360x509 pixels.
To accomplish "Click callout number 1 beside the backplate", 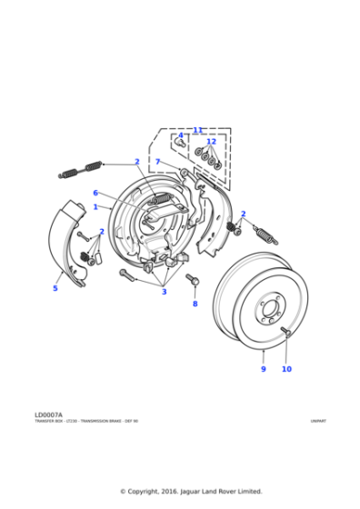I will pyautogui.click(x=95, y=207).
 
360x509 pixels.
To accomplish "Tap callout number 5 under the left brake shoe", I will pyautogui.click(x=55, y=288).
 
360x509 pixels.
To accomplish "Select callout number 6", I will pyautogui.click(x=95, y=193).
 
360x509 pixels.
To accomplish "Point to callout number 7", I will pyautogui.click(x=157, y=162).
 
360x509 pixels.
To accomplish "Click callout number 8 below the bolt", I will pyautogui.click(x=195, y=304).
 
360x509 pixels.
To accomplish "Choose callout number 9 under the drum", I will pyautogui.click(x=264, y=369).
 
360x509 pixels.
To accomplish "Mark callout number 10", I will pyautogui.click(x=286, y=369).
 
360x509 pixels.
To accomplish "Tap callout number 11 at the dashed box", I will pyautogui.click(x=197, y=130).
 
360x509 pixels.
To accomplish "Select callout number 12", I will pyautogui.click(x=211, y=142).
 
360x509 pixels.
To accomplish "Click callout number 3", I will pyautogui.click(x=164, y=292).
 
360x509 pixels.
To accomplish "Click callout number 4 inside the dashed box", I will pyautogui.click(x=180, y=136).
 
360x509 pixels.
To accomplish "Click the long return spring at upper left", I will pyautogui.click(x=80, y=167).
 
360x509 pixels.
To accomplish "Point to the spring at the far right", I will pyautogui.click(x=265, y=234).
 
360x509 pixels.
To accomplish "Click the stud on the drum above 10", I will pyautogui.click(x=285, y=333).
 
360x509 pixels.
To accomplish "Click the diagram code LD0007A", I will pyautogui.click(x=50, y=414).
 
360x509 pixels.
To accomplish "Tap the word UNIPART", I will pyautogui.click(x=317, y=421).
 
